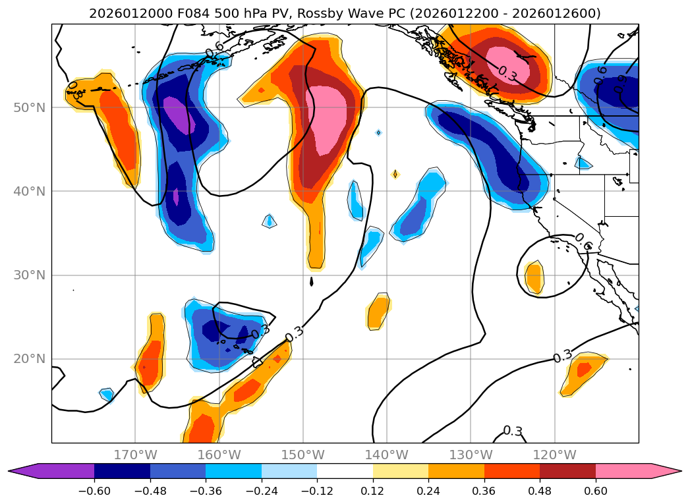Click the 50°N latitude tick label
(x=29, y=107)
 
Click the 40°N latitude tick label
(x=29, y=191)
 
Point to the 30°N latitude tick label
(x=29, y=275)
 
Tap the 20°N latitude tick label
(x=29, y=359)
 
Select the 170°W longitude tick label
(x=135, y=455)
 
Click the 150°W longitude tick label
(x=303, y=455)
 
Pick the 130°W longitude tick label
(x=471, y=455)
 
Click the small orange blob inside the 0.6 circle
(x=534, y=277)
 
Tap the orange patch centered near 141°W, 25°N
(x=378, y=311)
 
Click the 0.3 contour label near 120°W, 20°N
(x=562, y=357)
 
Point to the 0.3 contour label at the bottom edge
(x=513, y=432)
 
